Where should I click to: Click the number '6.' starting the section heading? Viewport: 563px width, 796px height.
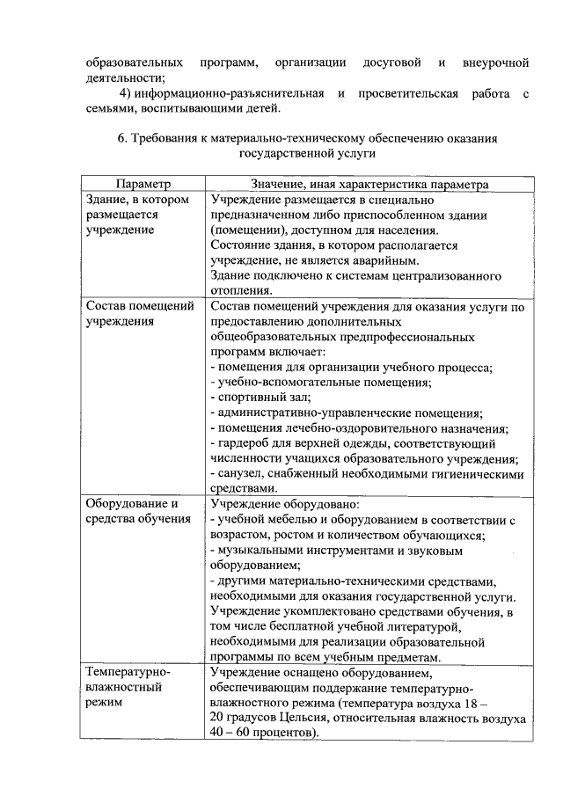(x=124, y=138)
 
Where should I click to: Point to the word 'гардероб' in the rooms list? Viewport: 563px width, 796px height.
(x=241, y=442)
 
